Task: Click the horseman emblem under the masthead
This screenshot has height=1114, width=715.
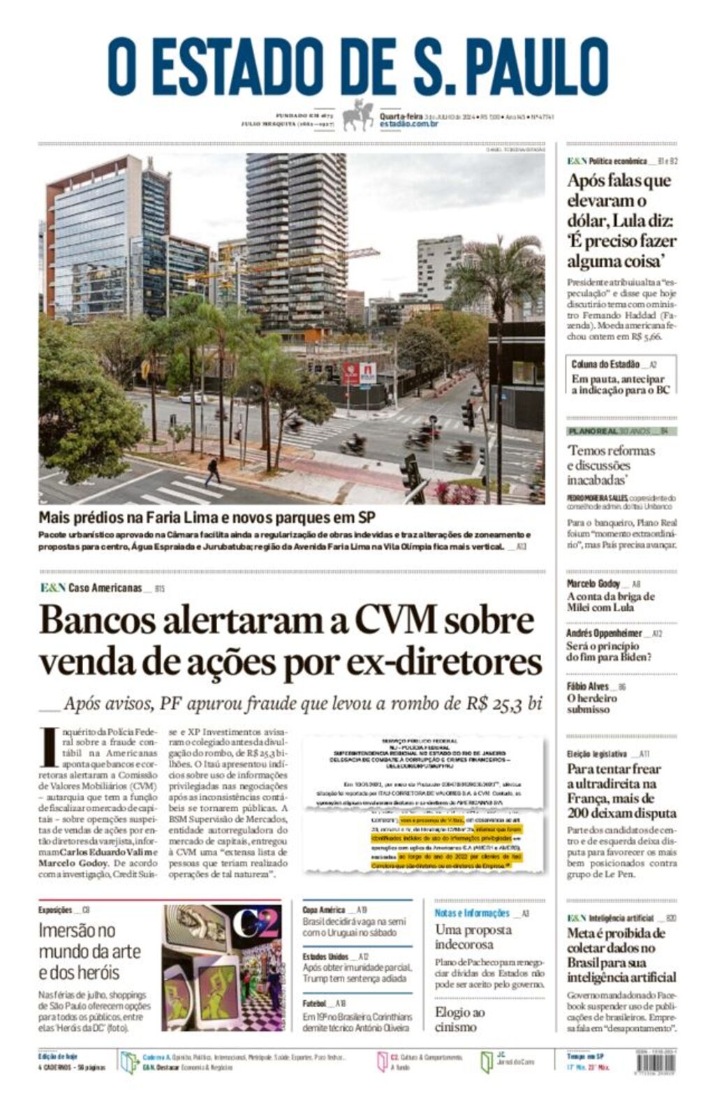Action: tap(357, 115)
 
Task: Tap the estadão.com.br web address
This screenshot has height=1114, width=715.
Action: tap(408, 124)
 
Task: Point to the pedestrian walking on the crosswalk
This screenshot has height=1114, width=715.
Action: tap(212, 471)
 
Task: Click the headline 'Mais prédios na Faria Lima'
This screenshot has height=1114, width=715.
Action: tap(207, 518)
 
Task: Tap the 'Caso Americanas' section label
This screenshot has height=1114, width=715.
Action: tap(105, 588)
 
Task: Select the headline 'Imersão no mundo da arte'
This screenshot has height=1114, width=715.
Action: tap(89, 951)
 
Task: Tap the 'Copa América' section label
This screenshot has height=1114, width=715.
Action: tap(324, 910)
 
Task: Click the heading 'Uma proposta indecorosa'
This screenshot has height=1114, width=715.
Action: tap(473, 937)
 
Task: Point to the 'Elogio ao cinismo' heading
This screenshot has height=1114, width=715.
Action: tap(459, 1020)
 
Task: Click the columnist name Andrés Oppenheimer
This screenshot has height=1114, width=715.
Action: tap(604, 633)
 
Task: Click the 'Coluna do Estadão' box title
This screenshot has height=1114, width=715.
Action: tap(605, 364)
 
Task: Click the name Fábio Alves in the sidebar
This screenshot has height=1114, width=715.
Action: tap(587, 687)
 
